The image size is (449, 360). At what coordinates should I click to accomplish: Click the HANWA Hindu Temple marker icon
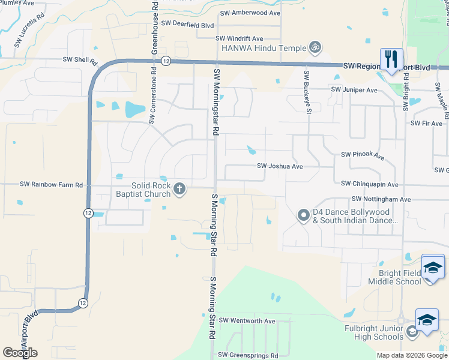tap(314, 47)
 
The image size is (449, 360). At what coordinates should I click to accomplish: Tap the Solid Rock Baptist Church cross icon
tap(179, 190)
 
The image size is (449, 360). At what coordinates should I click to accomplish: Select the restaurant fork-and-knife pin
tap(391, 59)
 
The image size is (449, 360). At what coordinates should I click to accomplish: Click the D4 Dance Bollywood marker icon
tap(303, 214)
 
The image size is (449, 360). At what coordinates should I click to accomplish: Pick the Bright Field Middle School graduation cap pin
tap(433, 267)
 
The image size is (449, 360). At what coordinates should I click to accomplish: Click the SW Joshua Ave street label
tap(280, 166)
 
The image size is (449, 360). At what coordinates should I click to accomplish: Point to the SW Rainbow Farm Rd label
tap(51, 185)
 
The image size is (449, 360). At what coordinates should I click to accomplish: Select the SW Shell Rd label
tap(80, 59)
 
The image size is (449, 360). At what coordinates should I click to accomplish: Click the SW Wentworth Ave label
tap(247, 321)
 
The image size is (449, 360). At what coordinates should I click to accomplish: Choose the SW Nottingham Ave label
tap(381, 199)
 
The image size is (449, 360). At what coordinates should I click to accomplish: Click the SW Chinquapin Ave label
tap(369, 184)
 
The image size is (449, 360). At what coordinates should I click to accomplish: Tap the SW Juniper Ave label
tap(354, 89)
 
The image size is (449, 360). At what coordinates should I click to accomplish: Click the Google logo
tap(20, 352)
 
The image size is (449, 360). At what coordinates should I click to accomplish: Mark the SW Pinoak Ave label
tap(363, 155)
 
